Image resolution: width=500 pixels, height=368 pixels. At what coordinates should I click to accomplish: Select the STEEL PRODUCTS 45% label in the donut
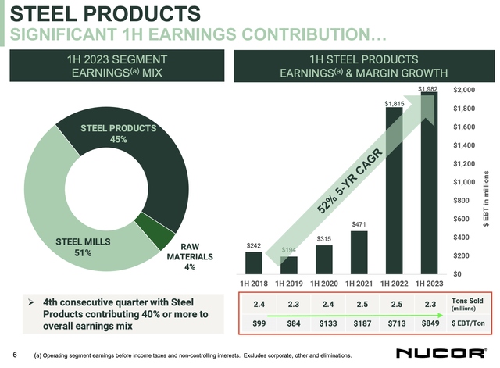pyautogui.click(x=119, y=133)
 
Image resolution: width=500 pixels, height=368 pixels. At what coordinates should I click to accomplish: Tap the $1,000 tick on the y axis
pyautogui.click(x=466, y=182)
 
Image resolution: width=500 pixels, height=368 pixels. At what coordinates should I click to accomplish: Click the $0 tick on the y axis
pyautogui.click(x=458, y=274)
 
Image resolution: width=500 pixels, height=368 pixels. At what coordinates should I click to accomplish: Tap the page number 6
pyautogui.click(x=13, y=352)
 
